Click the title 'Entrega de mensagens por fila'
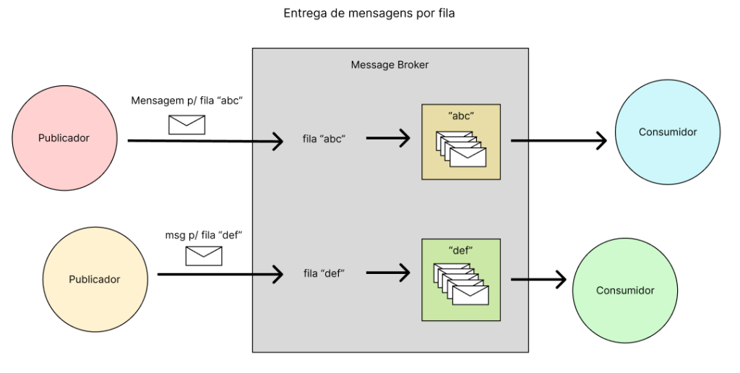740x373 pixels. pos(369,14)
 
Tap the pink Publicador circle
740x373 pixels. pos(64,137)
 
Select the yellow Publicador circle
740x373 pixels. pos(94,279)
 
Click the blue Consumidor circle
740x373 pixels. pos(667,132)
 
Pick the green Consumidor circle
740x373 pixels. pos(625,291)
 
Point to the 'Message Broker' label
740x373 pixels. pos(390,65)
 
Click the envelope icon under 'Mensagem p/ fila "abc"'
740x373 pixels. pos(186,124)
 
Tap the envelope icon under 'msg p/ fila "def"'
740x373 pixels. pos(204,255)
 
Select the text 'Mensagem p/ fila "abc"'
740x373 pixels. pos(186,100)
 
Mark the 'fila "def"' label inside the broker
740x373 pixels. pos(324,273)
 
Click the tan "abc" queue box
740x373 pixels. pos(461,142)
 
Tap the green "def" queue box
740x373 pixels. pos(461,280)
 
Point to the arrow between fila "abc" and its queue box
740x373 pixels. pos(389,137)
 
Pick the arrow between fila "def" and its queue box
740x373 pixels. pos(389,273)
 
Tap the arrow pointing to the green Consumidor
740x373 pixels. pos(538,279)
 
